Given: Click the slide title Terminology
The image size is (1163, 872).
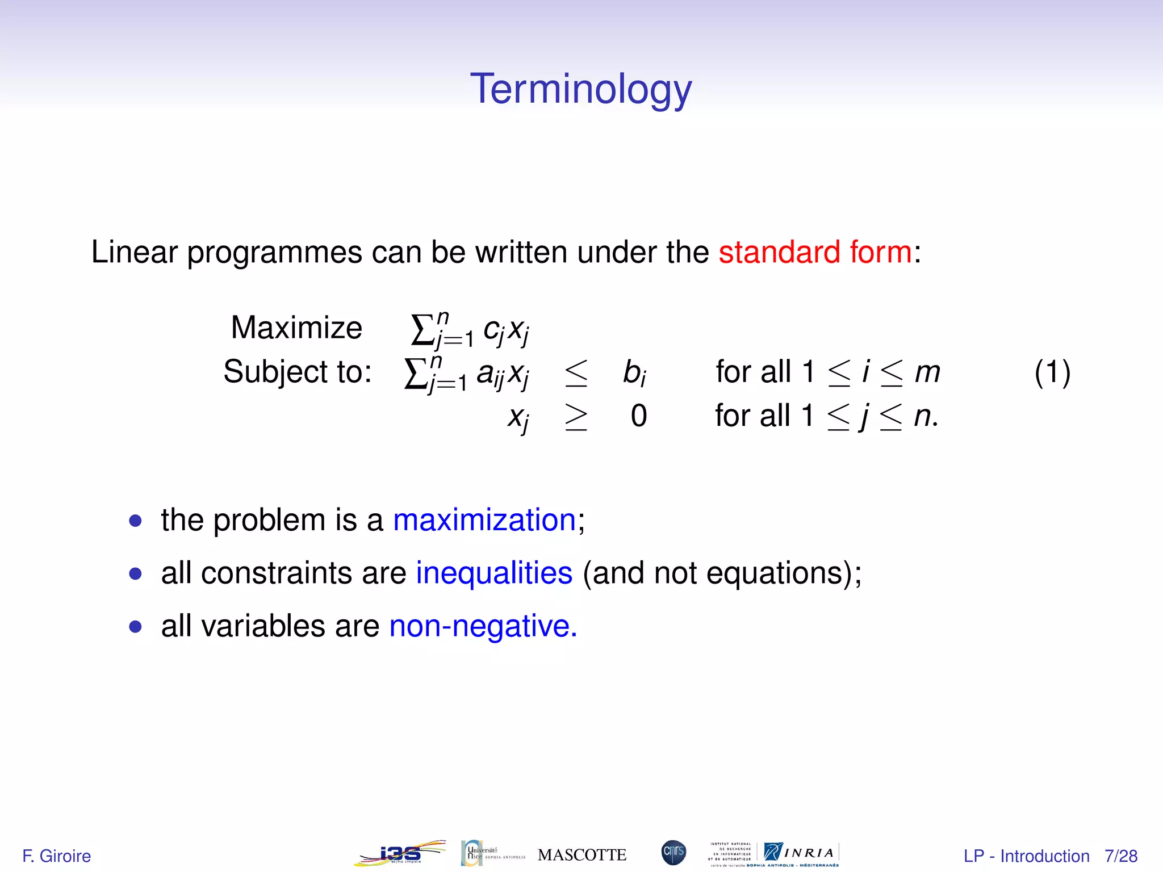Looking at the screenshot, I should [x=581, y=90].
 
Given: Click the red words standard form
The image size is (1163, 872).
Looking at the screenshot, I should [x=815, y=252].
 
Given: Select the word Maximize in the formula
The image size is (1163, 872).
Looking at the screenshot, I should [x=296, y=328].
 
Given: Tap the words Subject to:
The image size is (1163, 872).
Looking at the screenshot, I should [x=298, y=372].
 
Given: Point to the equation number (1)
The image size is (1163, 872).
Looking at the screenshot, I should [x=1052, y=372].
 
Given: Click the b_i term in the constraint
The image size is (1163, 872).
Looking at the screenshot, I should [x=634, y=373].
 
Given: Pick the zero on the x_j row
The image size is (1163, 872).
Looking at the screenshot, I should [x=638, y=416].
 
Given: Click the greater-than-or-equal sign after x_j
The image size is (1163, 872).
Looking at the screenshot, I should [x=576, y=417].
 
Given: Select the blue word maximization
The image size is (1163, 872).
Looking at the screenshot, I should [x=484, y=520].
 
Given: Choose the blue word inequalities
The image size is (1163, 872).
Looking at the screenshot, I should [x=494, y=573].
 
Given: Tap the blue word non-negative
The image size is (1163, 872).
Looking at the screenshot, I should [x=483, y=626].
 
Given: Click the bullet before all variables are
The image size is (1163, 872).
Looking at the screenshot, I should [x=135, y=627].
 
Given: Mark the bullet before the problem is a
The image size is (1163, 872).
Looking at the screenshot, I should [x=135, y=521].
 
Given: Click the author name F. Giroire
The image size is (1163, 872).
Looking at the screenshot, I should [x=56, y=856].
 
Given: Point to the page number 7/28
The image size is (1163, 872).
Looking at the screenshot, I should [x=1121, y=856].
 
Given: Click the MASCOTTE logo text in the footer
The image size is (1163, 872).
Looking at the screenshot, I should [x=581, y=855].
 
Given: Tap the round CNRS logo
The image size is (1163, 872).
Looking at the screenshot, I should [x=673, y=853].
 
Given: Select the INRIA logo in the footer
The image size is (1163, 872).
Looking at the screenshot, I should [x=801, y=853].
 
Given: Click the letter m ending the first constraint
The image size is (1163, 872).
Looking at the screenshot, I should [x=927, y=373].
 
